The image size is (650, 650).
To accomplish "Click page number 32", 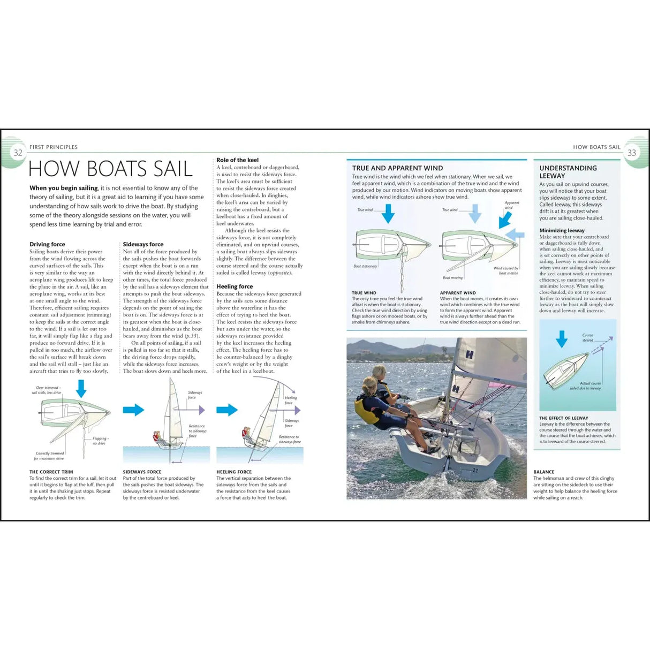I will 18,153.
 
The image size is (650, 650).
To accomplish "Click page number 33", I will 632,153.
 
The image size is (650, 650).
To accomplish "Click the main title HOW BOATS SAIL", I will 110,169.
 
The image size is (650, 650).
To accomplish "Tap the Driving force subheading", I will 47,244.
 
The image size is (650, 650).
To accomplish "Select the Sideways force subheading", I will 143,244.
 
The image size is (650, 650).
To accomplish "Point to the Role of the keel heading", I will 237,160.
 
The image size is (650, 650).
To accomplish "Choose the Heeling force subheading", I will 235,286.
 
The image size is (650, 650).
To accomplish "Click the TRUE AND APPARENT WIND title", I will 397,168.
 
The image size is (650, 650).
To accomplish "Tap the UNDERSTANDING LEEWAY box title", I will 568,171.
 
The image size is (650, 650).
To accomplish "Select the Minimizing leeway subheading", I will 562,230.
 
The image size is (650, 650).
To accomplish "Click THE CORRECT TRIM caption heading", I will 51,472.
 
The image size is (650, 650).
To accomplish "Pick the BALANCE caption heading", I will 544,472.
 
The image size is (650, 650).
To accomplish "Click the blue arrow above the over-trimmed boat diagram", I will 81,388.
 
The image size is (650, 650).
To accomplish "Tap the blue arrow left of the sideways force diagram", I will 133,410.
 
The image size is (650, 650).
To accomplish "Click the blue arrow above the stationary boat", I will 388,214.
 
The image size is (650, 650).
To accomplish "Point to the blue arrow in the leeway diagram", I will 561,339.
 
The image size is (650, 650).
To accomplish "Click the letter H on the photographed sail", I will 470,354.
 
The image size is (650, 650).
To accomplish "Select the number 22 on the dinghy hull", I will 475,471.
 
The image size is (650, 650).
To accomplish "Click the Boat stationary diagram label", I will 365,266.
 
